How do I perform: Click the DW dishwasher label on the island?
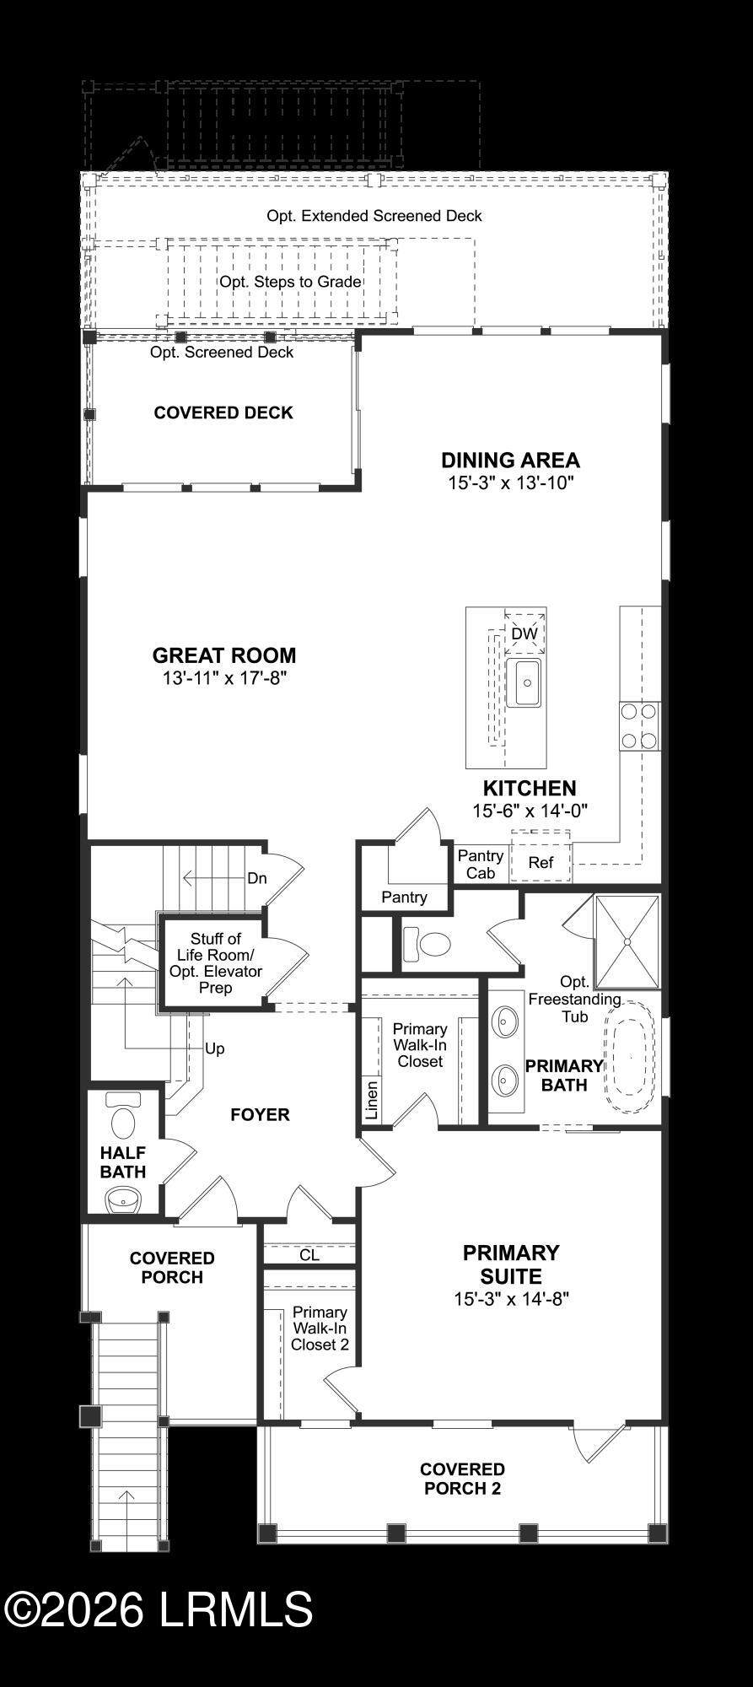coord(524,633)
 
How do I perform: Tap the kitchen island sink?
coord(524,684)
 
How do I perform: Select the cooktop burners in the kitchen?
coord(639,726)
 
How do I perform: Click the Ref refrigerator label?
coord(541,862)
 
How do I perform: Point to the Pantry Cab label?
coord(481,865)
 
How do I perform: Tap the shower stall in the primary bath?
coord(627,941)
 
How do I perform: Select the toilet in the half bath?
coord(124,1115)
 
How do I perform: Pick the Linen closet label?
coord(372,1100)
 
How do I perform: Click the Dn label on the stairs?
coord(257,878)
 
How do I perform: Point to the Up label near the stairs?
coord(215,1048)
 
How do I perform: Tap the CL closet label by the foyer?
coord(309,1255)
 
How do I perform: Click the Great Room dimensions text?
coord(225,678)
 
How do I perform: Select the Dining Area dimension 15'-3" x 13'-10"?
coord(511,483)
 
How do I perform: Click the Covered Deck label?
coord(223,412)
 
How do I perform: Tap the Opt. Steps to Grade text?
coord(291,282)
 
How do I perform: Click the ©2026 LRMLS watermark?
coord(159,1609)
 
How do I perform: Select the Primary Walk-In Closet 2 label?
coord(320,1329)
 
